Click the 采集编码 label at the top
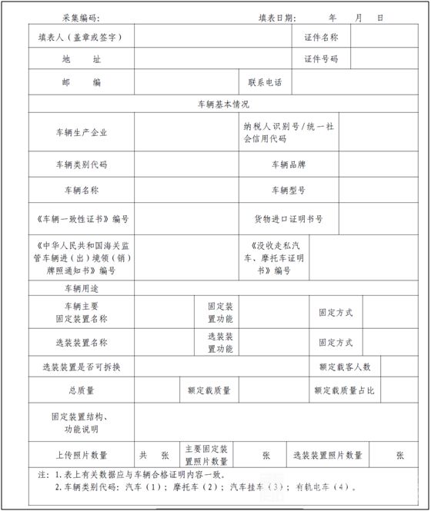tap(80, 18)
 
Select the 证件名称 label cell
tap(321, 37)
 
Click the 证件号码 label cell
tap(321, 59)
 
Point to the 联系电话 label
tap(265, 82)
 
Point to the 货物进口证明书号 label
tap(289, 219)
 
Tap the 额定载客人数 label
tap(345, 367)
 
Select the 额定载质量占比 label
tap(345, 391)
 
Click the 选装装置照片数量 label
tap(328, 455)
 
